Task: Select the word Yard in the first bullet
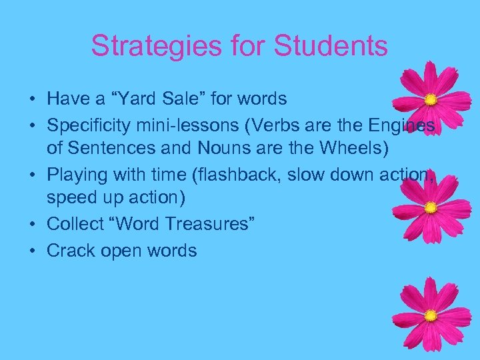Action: click(x=130, y=99)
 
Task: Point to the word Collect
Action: click(x=73, y=223)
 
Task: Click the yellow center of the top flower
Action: click(x=431, y=100)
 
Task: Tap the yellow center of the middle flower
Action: click(x=431, y=208)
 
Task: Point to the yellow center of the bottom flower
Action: click(x=431, y=315)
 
